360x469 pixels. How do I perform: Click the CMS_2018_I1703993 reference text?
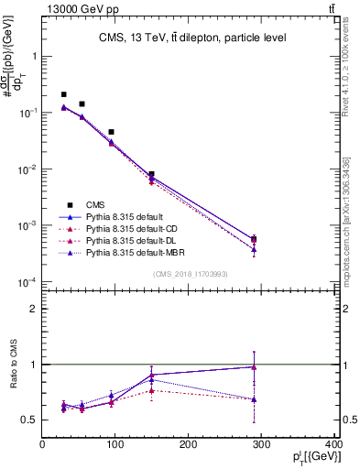(190, 274)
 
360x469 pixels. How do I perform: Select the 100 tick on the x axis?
(115, 444)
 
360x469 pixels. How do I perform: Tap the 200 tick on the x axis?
(188, 444)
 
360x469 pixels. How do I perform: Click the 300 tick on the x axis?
(261, 444)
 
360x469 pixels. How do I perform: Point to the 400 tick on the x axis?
(333, 444)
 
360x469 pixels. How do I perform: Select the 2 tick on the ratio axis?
(35, 309)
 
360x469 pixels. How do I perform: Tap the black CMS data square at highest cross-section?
(63, 94)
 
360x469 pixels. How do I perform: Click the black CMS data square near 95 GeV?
(111, 132)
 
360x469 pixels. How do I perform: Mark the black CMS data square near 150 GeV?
(151, 174)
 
